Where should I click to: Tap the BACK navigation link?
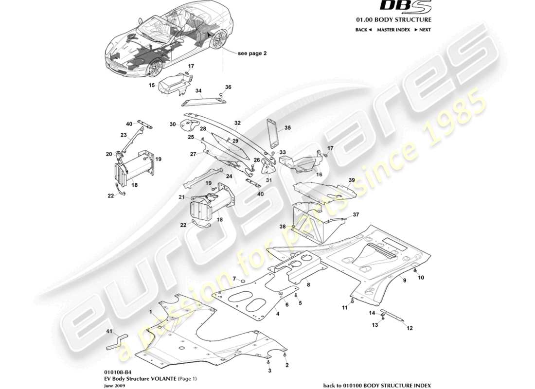click(363, 30)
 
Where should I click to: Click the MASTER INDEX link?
click(392, 30)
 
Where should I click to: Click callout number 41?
click(109, 331)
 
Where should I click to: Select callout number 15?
click(152, 85)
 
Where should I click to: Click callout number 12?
click(409, 328)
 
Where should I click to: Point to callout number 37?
click(356, 214)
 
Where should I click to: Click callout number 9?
click(404, 281)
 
